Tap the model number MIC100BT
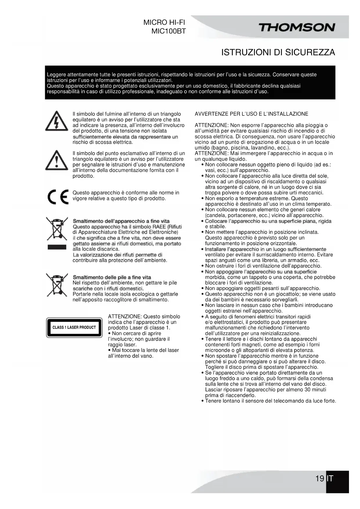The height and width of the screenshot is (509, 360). pos(169,31)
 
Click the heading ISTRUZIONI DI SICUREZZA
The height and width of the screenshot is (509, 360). pos(278,53)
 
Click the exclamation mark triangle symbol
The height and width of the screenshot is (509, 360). pos(57,160)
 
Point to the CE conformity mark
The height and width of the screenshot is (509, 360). pos(58,197)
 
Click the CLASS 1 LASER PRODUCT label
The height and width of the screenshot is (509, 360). pos(74,328)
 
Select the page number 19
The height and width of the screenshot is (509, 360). pos(320,478)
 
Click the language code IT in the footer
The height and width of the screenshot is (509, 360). pos(330,478)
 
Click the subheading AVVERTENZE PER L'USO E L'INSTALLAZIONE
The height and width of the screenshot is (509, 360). pos(251,114)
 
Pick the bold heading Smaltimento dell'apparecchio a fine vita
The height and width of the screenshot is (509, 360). pos(121,221)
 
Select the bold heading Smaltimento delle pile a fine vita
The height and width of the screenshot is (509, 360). pos(112,277)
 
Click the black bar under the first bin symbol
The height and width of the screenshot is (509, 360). pos(57,247)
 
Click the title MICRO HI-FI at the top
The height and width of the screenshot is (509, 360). pos(164,23)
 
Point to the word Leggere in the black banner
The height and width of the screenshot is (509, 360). pos(56,75)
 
